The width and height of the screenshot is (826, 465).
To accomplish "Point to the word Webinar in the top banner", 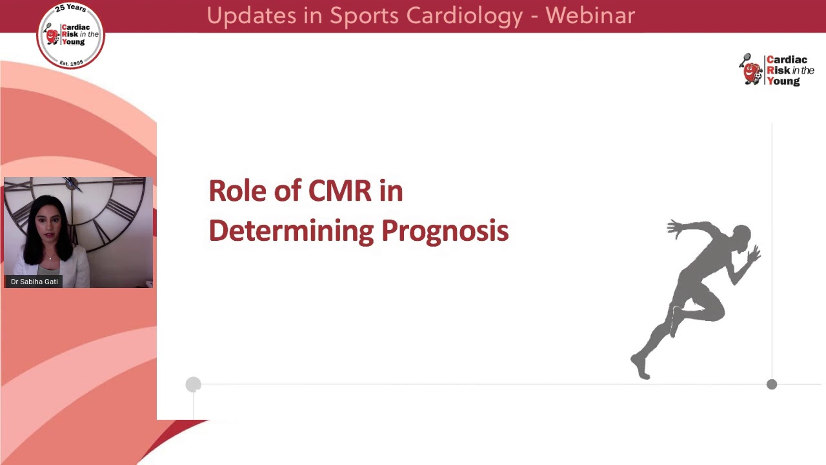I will (x=590, y=15).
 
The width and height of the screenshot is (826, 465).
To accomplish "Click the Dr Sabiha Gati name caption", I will (x=34, y=282).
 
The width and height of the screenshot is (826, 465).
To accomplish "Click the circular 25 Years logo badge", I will (x=70, y=35).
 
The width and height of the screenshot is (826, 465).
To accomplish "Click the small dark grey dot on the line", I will (x=772, y=384).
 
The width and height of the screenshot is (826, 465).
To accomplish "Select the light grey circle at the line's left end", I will (x=193, y=385).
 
